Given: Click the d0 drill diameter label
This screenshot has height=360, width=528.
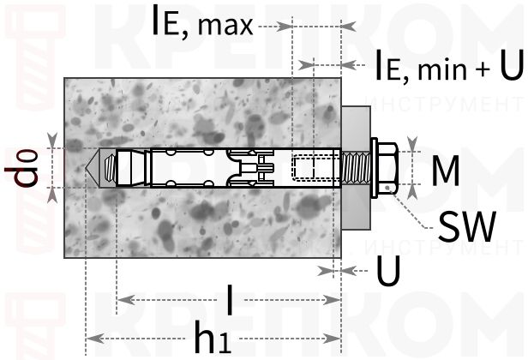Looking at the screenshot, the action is pos(21,167).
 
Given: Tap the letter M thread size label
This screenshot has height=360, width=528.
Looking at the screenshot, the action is pos(446,171).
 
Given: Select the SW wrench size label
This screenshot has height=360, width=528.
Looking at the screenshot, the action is pos(467,226).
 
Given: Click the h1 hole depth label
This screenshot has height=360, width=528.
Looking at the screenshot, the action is pos(213,337).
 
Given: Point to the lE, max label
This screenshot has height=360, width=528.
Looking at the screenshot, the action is pos(202,21).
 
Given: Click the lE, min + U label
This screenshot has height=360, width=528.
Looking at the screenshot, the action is pos(450,65).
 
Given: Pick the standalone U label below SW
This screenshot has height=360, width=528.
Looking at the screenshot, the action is pos(388,270).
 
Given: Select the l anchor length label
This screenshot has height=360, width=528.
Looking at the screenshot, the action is pos(230,299).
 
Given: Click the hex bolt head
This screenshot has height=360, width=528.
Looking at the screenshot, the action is pos(388,167).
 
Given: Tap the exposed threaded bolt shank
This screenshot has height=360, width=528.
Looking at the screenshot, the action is pos(356,167).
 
